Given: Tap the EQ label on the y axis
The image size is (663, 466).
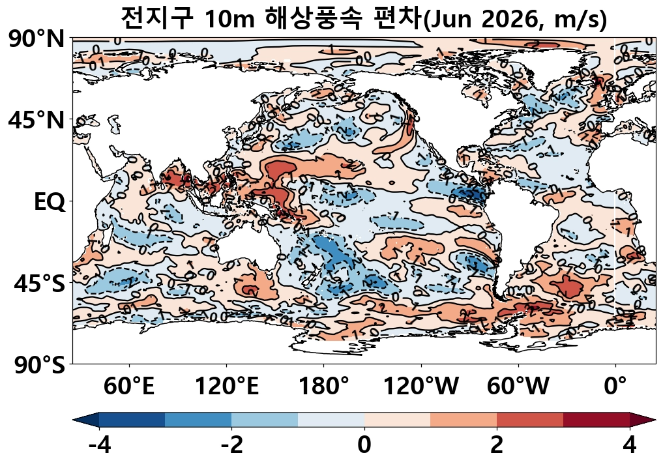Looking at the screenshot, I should pyautogui.click(x=50, y=202).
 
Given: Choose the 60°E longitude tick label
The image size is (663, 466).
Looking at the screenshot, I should pyautogui.click(x=129, y=386).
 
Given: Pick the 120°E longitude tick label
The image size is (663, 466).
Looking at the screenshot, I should pyautogui.click(x=227, y=386).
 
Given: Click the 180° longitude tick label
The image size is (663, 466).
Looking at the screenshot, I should pyautogui.click(x=324, y=386).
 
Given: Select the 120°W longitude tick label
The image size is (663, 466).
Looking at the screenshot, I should pyautogui.click(x=421, y=386).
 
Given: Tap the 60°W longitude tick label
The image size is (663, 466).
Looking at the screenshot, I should pyautogui.click(x=518, y=386).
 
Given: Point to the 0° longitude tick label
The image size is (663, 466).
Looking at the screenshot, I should pyautogui.click(x=615, y=386).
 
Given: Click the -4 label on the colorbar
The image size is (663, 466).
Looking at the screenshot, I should pyautogui.click(x=99, y=446).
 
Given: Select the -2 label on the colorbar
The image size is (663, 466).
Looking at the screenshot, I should pyautogui.click(x=231, y=446).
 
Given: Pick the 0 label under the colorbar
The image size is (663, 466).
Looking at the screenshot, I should pyautogui.click(x=364, y=446).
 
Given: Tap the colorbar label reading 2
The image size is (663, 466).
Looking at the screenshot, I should pyautogui.click(x=497, y=446).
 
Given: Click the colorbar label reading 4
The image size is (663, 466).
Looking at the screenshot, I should pyautogui.click(x=629, y=446).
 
